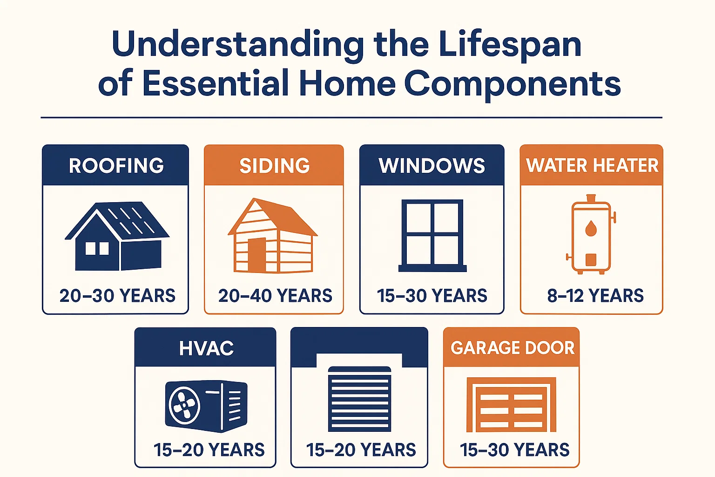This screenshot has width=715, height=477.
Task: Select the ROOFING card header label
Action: [x=116, y=166]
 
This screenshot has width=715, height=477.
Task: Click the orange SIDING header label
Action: [x=274, y=166]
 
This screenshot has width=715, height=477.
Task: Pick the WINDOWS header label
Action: [x=432, y=166]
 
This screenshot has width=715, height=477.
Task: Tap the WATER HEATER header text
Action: [x=592, y=166]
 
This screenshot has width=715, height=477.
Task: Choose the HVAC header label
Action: [x=206, y=348]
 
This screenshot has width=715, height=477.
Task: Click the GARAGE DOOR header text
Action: [x=512, y=348]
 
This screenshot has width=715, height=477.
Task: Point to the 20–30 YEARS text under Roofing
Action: [x=117, y=296]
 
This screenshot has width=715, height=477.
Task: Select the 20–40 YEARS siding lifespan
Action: [x=275, y=296]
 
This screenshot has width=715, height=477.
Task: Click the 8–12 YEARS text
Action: [x=595, y=296]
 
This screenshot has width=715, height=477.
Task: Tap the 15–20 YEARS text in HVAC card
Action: [x=209, y=450]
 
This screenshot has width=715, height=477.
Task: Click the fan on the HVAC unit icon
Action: [x=184, y=404]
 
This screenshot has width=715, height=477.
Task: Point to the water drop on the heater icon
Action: [x=591, y=228]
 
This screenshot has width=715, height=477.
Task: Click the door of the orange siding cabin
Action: [x=256, y=255]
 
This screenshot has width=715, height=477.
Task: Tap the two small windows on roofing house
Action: [x=97, y=248]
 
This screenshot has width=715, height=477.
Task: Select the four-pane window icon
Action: [x=432, y=235]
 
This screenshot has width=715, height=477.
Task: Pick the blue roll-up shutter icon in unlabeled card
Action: [x=359, y=399]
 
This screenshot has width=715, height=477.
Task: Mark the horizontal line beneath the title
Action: [x=351, y=118]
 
